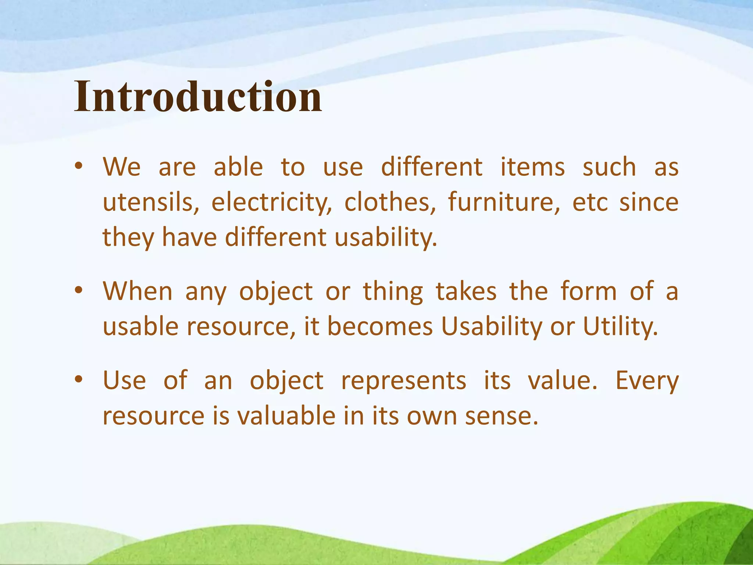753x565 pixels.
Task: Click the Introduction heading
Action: (198, 97)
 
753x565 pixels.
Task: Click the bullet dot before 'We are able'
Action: (78, 167)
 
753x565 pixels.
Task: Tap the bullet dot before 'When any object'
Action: (78, 291)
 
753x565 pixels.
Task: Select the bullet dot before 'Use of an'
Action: (78, 380)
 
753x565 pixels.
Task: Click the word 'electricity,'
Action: (271, 202)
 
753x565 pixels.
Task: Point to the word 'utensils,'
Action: (151, 202)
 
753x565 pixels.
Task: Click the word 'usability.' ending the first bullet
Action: (386, 237)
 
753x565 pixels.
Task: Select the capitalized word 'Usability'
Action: (491, 326)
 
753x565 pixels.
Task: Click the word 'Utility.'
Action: (621, 326)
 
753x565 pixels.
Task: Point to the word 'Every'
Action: (647, 381)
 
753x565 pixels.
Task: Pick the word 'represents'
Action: (404, 381)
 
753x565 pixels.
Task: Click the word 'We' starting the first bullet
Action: (122, 167)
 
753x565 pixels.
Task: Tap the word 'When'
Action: (138, 291)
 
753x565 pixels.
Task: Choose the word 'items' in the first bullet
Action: (532, 167)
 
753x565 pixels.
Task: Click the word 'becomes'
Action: (380, 326)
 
